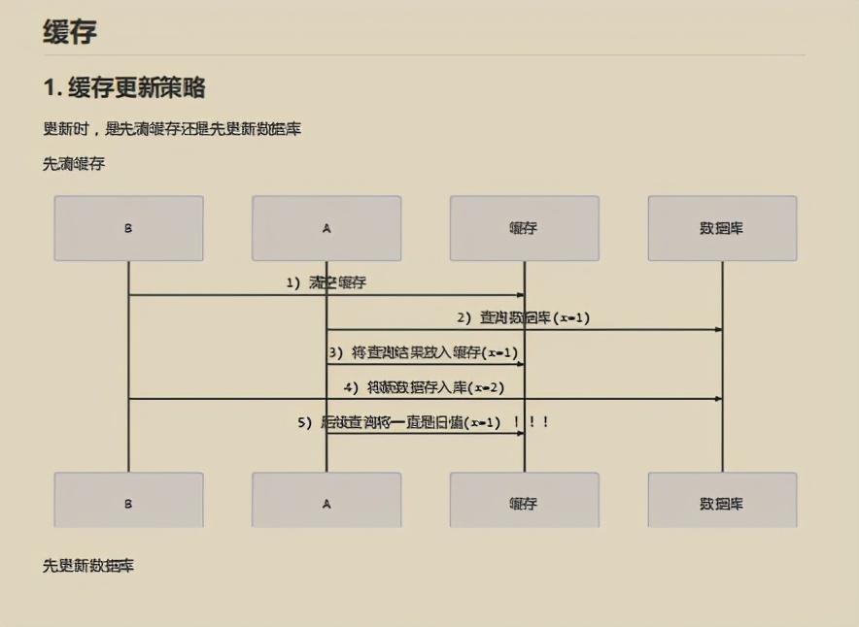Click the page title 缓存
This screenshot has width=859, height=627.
click(x=69, y=31)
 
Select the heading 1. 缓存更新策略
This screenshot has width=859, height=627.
click(x=123, y=88)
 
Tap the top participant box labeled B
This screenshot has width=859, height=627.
click(x=128, y=228)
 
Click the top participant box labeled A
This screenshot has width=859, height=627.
click(x=326, y=228)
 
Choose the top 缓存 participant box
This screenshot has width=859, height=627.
click(x=524, y=228)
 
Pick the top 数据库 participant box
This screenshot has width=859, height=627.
click(x=722, y=228)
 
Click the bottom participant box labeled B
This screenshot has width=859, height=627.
click(x=128, y=502)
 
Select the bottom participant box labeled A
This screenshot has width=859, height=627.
click(x=326, y=502)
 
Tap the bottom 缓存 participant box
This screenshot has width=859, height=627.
click(x=524, y=502)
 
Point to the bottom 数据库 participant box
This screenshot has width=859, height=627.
click(x=722, y=502)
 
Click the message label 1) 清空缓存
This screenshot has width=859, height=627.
click(x=326, y=283)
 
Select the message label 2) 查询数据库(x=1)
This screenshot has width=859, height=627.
click(x=524, y=317)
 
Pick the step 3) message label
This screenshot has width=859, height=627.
click(x=423, y=352)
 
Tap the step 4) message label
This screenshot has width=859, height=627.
click(x=423, y=387)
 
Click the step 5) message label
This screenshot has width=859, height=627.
click(x=398, y=422)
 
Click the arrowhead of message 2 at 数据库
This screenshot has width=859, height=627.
click(x=718, y=330)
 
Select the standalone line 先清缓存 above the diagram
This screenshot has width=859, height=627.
click(x=74, y=164)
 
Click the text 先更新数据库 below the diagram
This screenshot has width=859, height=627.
click(x=88, y=565)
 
